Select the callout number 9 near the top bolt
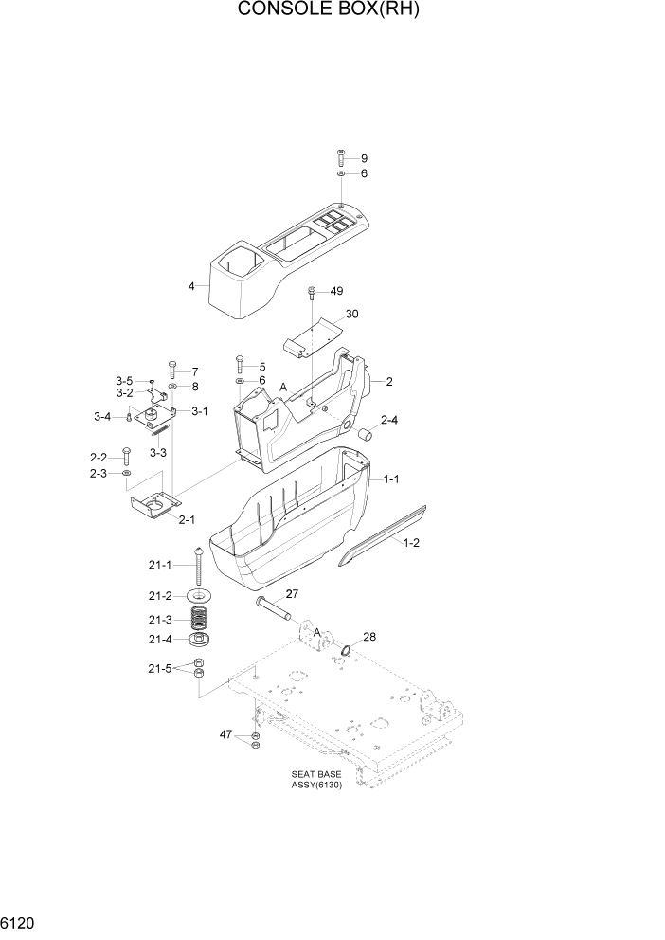(x=364, y=158)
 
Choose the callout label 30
(x=352, y=314)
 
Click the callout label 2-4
(x=389, y=420)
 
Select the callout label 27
(x=292, y=594)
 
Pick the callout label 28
(x=368, y=637)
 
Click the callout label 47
(x=226, y=735)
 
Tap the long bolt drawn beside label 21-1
(x=200, y=568)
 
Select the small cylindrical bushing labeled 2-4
(x=365, y=436)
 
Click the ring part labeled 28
(x=348, y=651)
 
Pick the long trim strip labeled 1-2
(x=384, y=534)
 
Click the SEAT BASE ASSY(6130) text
(x=316, y=780)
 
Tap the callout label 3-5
(x=125, y=381)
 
